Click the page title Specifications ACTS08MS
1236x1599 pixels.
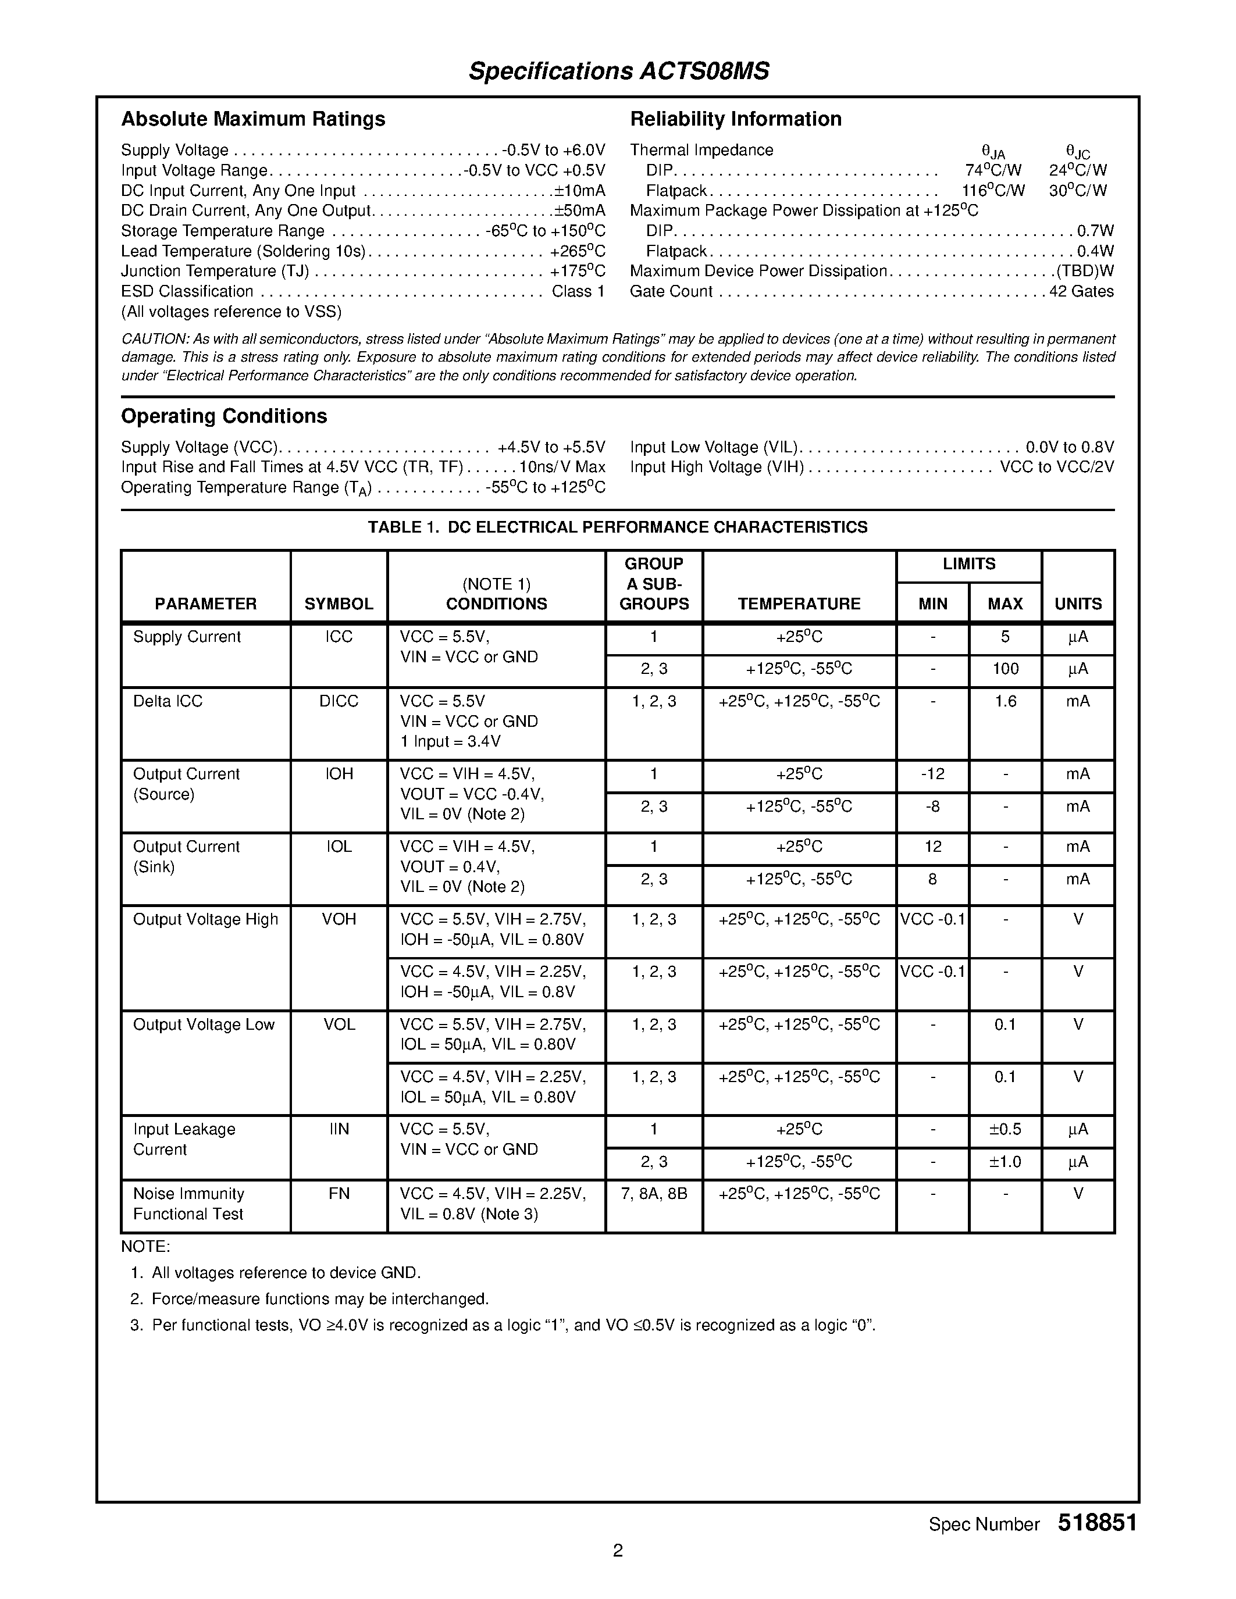(619, 71)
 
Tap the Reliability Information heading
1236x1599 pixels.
(735, 119)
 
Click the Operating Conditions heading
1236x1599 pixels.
(223, 416)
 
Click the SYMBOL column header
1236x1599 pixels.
(339, 604)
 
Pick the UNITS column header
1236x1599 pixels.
(1078, 604)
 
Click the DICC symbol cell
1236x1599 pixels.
(339, 701)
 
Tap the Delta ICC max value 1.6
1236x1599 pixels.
(1005, 701)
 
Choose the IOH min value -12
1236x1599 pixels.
(932, 774)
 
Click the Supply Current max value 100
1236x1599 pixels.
(1005, 669)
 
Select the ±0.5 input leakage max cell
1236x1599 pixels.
(1005, 1129)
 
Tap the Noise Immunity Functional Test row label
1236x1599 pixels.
(188, 1204)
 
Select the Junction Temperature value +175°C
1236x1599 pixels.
(577, 271)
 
